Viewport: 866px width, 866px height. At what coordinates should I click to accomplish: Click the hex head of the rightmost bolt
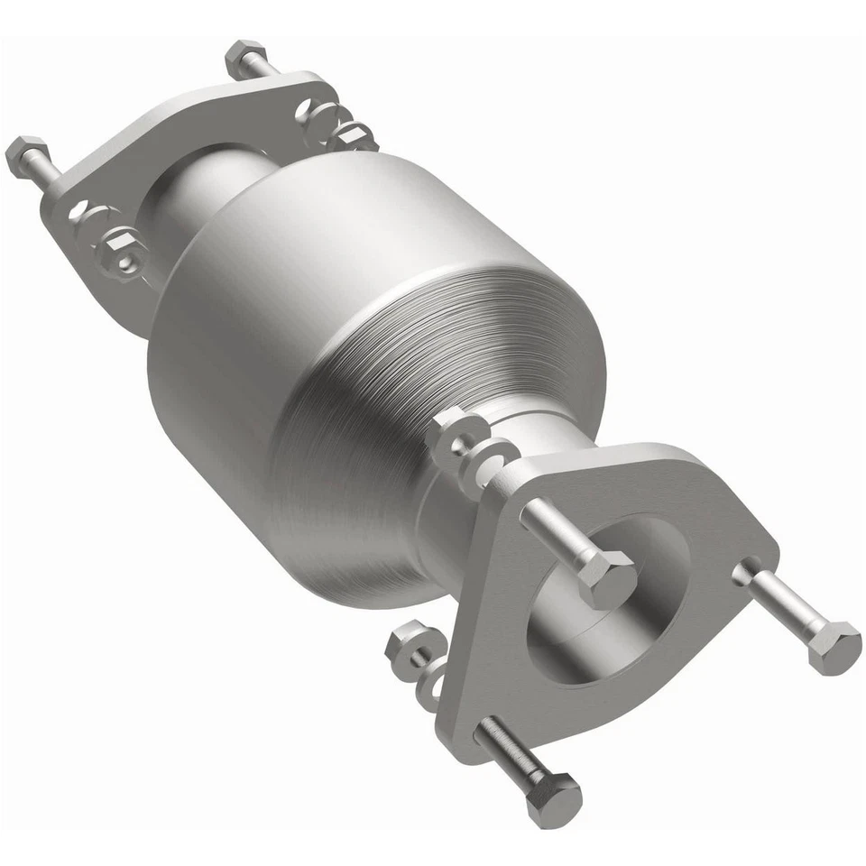click(x=834, y=648)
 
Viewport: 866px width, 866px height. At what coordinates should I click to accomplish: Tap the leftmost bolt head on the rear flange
click(x=25, y=155)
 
